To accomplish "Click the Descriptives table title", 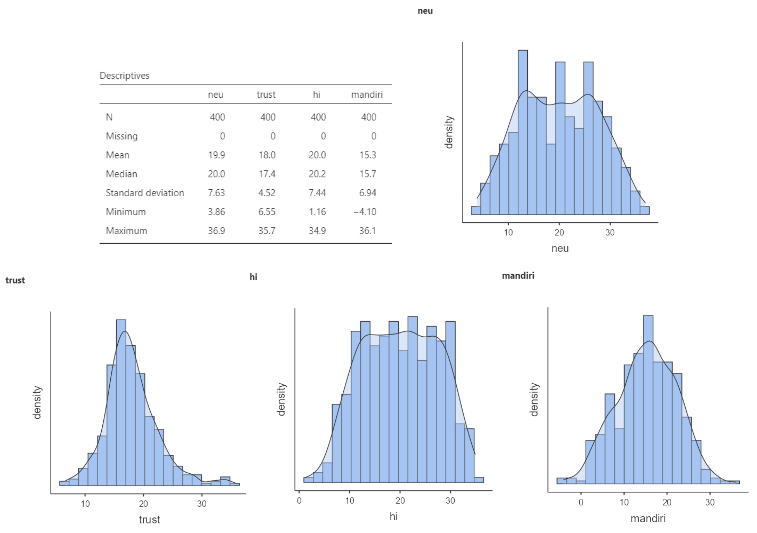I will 125,76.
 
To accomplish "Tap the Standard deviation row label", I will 145,193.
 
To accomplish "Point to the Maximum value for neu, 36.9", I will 216,231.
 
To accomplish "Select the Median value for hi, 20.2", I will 317,174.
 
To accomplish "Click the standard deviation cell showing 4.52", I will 267,193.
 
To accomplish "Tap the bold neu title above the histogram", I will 425,11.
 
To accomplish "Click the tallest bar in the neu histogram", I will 522,132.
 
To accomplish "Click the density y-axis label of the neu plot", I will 449,132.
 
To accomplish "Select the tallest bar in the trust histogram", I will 121,403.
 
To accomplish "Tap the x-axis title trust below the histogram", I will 149,519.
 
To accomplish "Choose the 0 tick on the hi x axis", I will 299,501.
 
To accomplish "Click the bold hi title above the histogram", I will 253,277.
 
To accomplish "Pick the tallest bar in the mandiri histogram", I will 648,399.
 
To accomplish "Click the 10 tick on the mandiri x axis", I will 624,502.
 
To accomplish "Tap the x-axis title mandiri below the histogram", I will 648,518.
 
